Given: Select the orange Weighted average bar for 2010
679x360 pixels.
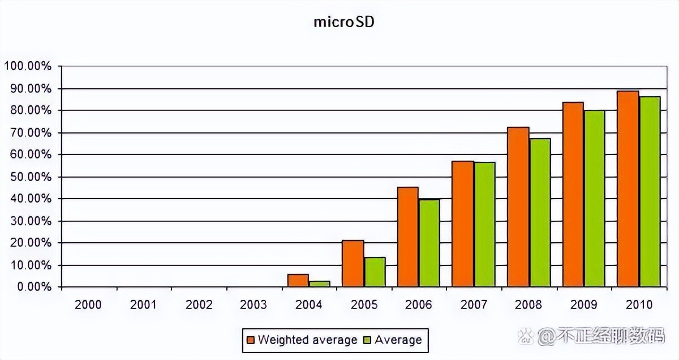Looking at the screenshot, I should coord(628,189).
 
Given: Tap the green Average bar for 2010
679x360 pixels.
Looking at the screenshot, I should coord(650,192).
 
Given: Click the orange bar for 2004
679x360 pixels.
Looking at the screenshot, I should coord(298,281).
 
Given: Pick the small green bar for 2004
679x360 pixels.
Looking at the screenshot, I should coord(319,284).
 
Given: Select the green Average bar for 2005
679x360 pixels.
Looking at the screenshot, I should coord(375,272).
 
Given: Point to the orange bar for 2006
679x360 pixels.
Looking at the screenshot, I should coord(407,237).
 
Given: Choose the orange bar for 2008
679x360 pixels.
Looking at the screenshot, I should coord(518,207).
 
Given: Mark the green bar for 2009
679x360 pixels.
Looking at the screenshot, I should coord(594,199).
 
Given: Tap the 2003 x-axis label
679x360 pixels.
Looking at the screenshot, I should coord(253,305).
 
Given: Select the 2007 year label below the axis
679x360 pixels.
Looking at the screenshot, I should coord(473,305).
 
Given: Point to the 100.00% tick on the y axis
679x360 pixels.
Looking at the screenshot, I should coord(28,66).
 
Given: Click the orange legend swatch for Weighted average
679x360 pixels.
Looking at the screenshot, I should coord(251,340).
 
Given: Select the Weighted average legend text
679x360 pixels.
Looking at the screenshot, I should coord(307,340).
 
